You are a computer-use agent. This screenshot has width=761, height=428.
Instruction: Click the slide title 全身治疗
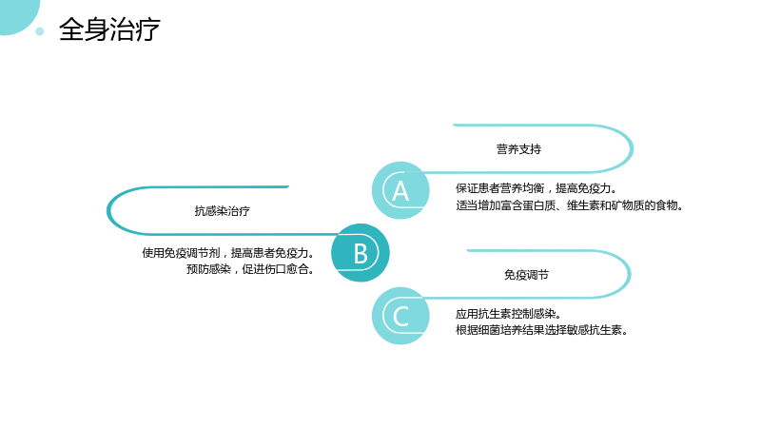coord(109,29)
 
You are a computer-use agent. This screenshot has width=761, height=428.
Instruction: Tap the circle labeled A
coord(400,190)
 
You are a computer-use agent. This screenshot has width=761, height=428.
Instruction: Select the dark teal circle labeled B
coord(361,253)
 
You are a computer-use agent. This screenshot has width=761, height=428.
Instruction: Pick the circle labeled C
coord(400,316)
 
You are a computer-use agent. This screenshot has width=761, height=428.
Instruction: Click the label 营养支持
coord(518,149)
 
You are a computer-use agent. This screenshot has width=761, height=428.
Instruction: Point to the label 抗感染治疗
coord(223,211)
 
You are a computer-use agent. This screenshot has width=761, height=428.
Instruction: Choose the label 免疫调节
coord(526,275)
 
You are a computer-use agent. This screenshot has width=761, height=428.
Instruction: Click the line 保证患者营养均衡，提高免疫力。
coord(537,188)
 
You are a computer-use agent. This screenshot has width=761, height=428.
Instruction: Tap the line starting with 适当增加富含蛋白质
coord(569,205)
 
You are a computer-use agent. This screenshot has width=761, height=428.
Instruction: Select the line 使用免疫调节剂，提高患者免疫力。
coord(228,253)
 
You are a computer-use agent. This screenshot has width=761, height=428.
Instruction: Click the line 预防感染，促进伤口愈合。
coord(250,269)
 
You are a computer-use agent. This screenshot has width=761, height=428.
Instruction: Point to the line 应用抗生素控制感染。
coord(509,314)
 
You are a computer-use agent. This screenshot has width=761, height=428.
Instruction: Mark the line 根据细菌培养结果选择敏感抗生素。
coord(541,330)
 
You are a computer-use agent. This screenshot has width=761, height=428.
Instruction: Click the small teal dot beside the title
coord(40,31)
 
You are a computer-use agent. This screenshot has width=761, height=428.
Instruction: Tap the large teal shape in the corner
coord(17,14)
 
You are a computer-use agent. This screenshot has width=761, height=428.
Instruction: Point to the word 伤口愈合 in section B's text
coord(286,269)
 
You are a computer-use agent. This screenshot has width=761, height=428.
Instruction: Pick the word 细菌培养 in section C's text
coord(500,330)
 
